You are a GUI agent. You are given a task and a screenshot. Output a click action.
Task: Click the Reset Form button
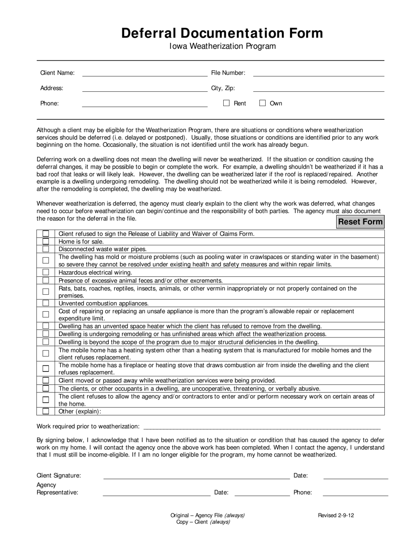pos(360,222)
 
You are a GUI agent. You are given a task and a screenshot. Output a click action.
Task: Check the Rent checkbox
pos(226,103)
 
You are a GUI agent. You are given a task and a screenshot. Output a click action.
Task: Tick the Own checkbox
pos(263,103)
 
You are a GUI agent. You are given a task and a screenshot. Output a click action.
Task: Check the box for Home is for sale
pos(46,241)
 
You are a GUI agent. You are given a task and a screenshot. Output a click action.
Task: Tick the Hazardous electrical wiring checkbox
pos(46,272)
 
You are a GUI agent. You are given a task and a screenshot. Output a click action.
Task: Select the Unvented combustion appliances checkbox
pos(46,303)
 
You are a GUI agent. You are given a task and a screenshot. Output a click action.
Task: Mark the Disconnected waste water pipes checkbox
pos(46,249)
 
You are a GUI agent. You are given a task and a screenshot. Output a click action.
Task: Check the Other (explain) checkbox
pos(46,411)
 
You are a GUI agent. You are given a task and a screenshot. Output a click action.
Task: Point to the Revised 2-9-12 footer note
pos(336,515)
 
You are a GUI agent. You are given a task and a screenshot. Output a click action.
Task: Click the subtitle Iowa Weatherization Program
pos(223,46)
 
